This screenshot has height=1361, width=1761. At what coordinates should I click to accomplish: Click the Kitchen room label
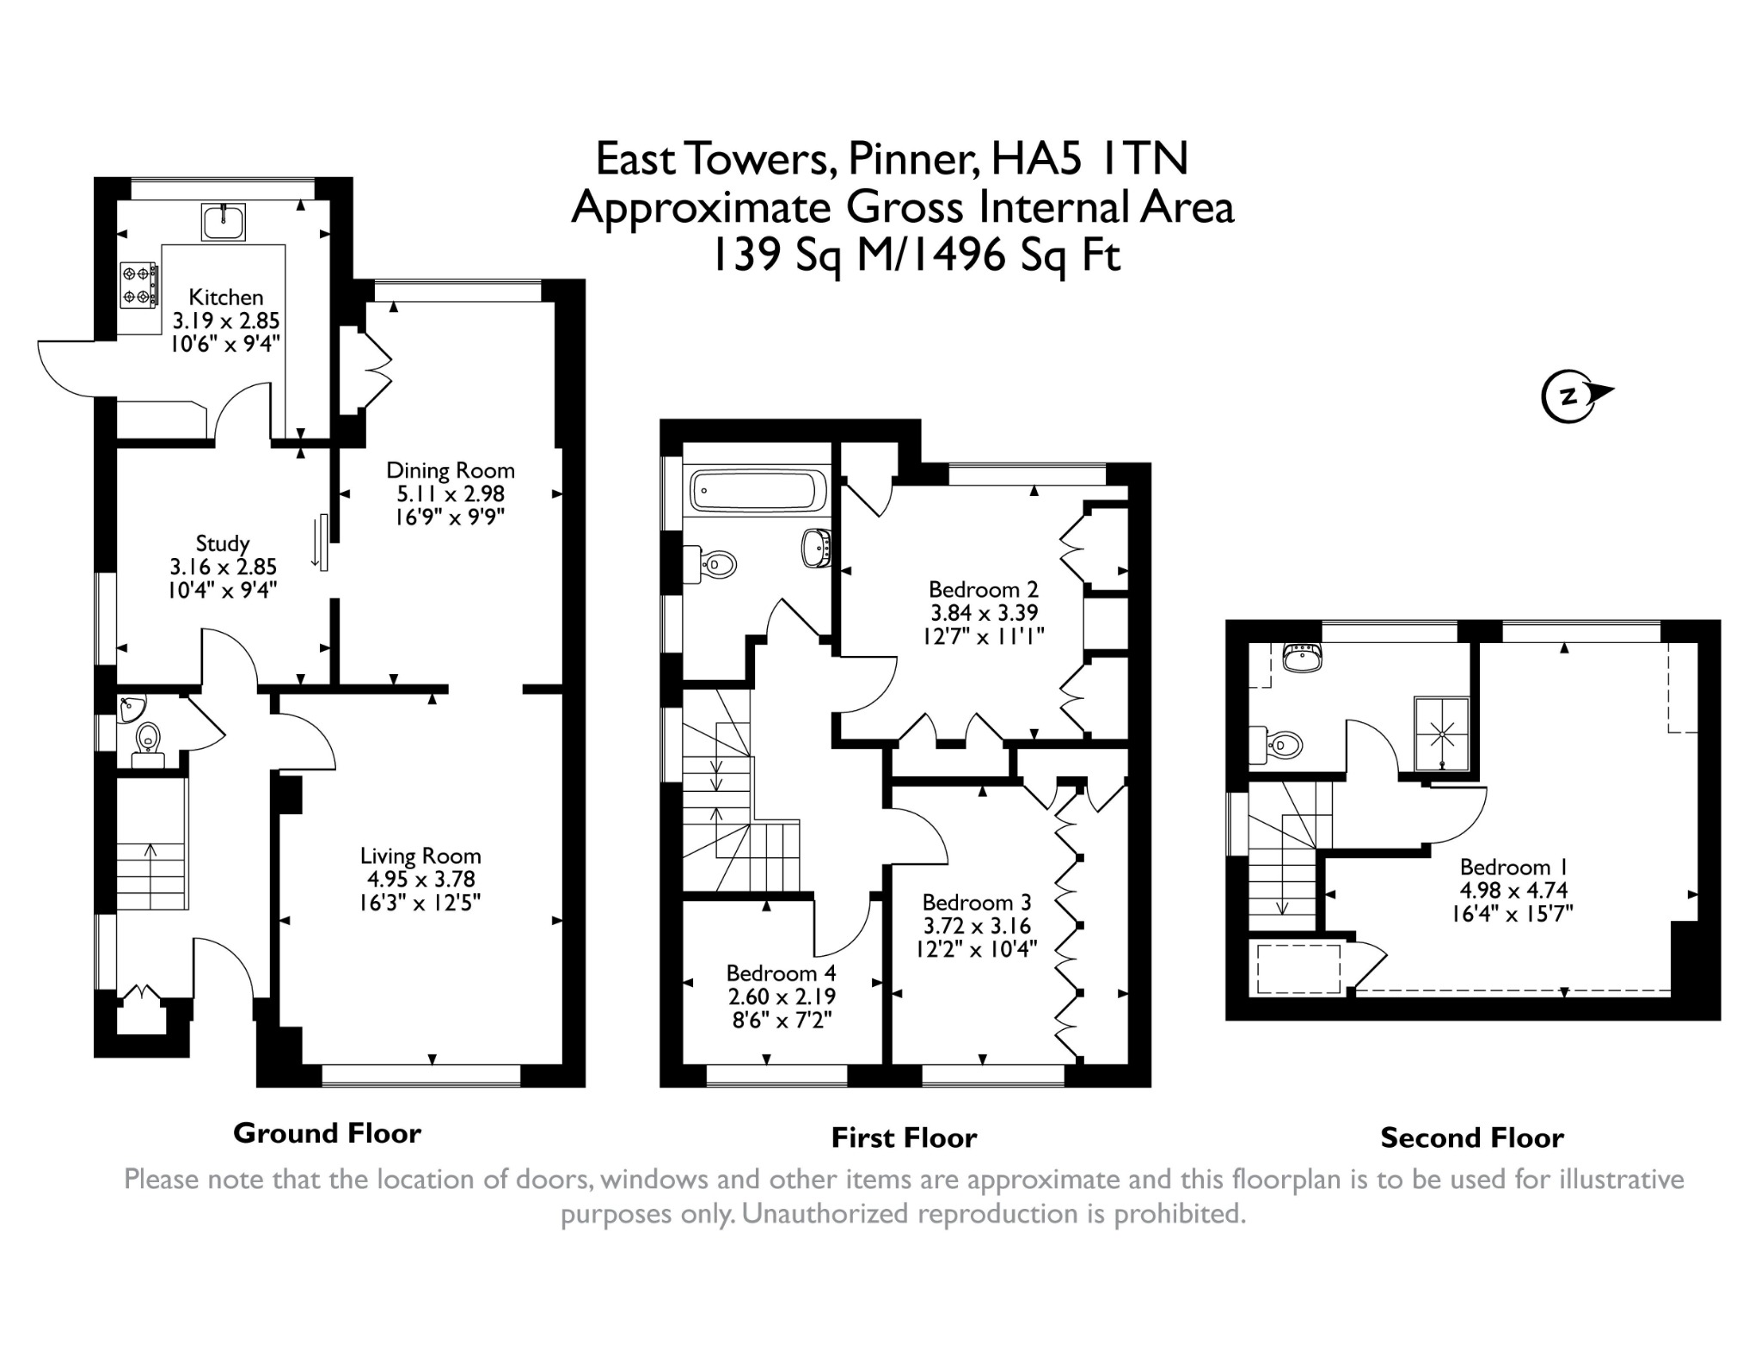coord(226,297)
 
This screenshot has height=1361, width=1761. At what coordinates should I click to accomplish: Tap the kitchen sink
coord(224,222)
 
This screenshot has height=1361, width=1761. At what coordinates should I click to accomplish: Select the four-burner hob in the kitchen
coord(138,285)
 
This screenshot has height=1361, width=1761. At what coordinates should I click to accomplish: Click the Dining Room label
coord(451,470)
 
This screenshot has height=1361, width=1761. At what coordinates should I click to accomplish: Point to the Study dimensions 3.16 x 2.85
coord(224,567)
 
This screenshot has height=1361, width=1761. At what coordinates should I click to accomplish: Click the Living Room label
coord(420,856)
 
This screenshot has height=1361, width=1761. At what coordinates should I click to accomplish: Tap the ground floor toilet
coord(148,743)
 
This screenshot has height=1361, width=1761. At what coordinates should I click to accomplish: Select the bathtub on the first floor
coord(758,491)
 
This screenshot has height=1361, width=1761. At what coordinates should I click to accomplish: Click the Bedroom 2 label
coord(984,590)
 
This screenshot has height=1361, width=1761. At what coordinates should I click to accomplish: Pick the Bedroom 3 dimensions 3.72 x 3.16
coord(977,926)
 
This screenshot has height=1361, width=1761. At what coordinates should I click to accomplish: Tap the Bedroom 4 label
coord(781,973)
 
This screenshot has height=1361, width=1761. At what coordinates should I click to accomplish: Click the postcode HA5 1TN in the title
coord(1089,158)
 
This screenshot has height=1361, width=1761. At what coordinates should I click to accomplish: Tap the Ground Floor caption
coord(328,1133)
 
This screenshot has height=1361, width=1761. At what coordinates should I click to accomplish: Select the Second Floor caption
coord(1472,1138)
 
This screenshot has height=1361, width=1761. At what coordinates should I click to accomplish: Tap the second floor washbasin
coord(1300,657)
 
